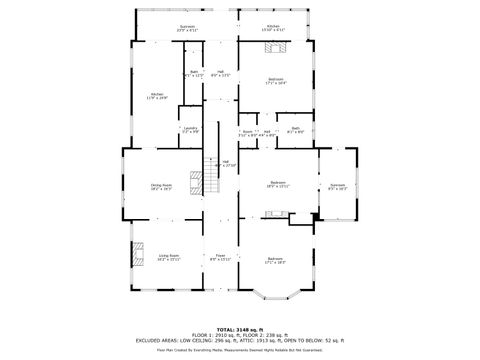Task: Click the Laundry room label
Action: (190, 129)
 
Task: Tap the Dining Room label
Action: (160, 186)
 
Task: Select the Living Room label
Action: (168, 257)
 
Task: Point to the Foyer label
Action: (220, 257)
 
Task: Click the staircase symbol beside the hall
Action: (210, 177)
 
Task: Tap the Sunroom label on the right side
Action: (337, 186)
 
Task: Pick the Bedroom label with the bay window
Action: (275, 262)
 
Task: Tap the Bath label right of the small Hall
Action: (296, 129)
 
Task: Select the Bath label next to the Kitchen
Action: (194, 73)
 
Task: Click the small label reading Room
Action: (247, 131)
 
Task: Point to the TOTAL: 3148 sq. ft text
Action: (240, 328)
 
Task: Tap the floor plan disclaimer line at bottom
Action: (240, 350)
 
